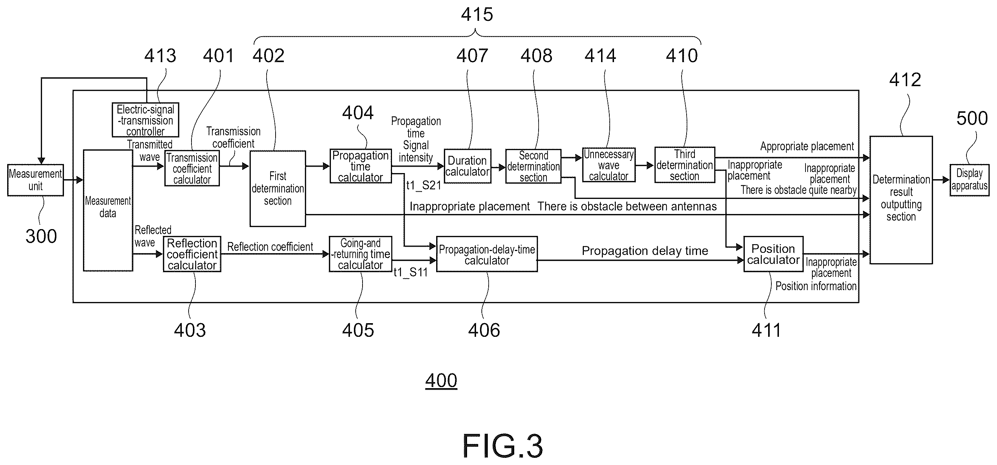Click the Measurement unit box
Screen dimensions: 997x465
35,180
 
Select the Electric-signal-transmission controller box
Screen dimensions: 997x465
146,120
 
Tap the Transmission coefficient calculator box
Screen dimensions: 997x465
192,169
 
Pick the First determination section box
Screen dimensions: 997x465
277,189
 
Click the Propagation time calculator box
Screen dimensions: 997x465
360,166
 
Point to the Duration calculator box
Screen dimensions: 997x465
467,166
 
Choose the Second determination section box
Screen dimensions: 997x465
533,166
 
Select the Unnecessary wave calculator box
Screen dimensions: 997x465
609,165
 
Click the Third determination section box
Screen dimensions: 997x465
685,165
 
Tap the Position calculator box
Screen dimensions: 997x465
773,254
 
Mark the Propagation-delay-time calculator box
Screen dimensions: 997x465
487,254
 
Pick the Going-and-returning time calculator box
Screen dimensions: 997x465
360,254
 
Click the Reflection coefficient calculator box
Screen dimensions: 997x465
192,254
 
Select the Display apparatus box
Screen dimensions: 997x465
970,180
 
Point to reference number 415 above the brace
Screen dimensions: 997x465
477,14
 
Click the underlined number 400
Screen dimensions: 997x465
441,380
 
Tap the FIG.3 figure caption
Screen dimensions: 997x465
503,446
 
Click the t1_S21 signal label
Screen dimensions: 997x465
424,185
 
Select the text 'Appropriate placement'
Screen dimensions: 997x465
807,147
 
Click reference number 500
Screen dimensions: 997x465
972,118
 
